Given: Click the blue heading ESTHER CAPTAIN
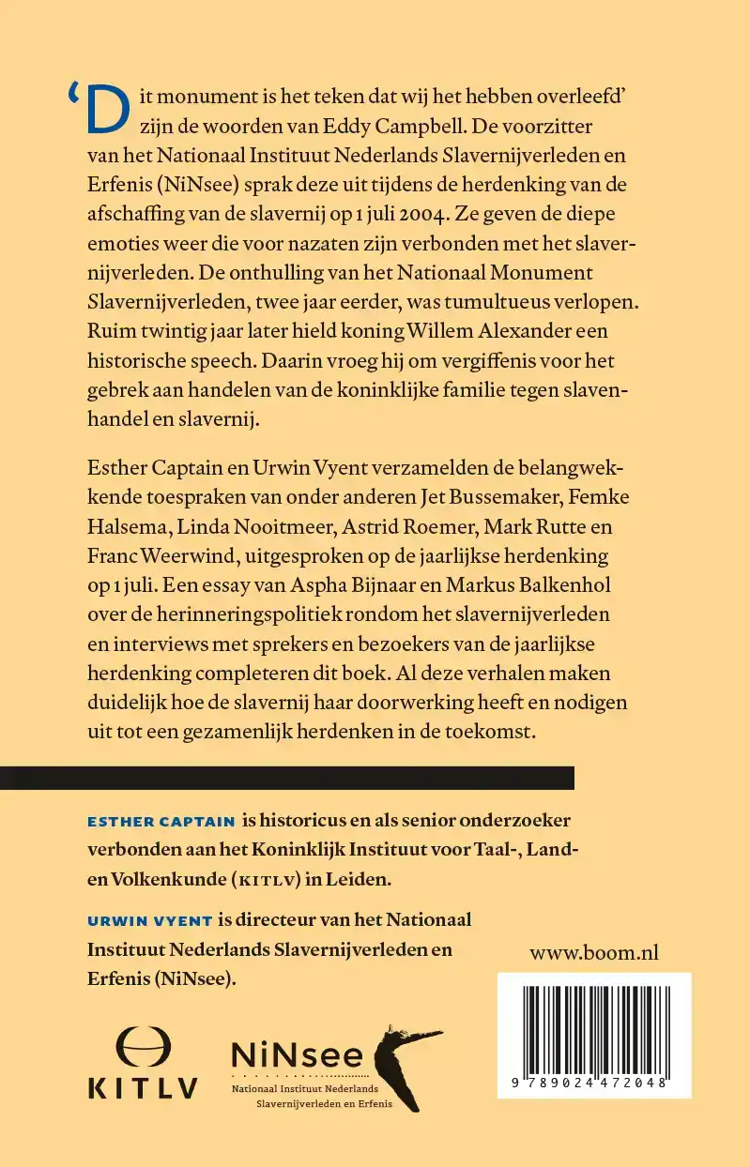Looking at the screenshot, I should pos(161,821).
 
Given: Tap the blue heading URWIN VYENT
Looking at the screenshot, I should pos(148,920).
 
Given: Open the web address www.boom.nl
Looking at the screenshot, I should pos(594,953).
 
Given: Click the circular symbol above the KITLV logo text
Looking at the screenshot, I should pos(143,1048).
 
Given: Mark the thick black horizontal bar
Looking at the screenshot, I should pos(286,778).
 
